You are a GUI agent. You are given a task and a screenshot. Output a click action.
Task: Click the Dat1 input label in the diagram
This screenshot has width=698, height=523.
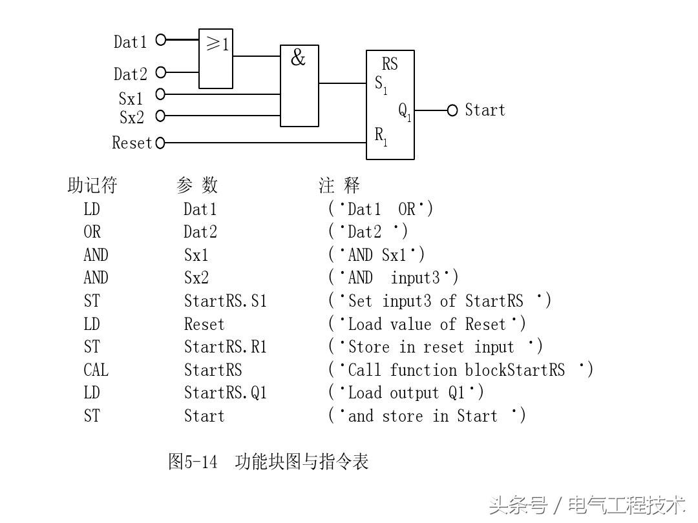click(x=131, y=42)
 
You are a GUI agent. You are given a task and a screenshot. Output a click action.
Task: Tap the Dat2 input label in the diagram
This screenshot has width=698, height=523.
click(x=131, y=74)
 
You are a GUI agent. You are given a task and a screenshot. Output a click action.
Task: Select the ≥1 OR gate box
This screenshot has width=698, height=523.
click(x=216, y=58)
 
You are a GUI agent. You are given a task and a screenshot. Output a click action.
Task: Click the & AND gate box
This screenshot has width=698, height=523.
click(x=299, y=85)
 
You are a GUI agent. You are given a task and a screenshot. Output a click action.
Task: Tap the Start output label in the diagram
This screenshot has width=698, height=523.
click(x=485, y=110)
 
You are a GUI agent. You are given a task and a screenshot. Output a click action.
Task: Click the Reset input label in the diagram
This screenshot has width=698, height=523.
click(x=132, y=143)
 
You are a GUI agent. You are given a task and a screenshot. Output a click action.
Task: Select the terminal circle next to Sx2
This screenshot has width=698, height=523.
click(x=160, y=116)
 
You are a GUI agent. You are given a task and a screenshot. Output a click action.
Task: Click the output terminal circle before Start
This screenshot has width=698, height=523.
click(x=452, y=110)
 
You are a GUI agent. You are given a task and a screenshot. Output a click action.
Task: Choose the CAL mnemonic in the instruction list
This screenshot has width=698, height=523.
click(x=96, y=370)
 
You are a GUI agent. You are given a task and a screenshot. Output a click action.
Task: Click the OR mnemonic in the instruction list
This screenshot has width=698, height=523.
click(x=92, y=232)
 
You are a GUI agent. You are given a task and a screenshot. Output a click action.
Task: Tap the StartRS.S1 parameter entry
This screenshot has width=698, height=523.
click(x=225, y=301)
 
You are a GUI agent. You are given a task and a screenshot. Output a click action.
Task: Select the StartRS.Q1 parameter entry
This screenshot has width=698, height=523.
click(x=225, y=393)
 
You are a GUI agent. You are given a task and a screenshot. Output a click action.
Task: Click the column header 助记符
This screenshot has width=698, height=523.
click(x=92, y=186)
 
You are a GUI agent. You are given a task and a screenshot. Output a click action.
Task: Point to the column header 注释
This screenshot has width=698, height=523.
click(x=339, y=186)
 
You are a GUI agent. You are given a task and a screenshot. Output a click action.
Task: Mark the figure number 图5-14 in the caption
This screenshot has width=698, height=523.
click(x=193, y=462)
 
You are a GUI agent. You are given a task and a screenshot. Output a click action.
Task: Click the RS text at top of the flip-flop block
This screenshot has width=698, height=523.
click(x=390, y=64)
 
